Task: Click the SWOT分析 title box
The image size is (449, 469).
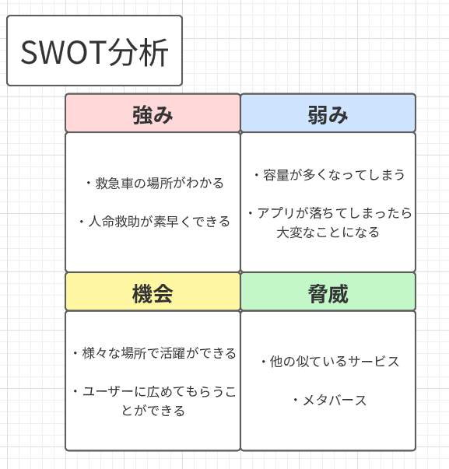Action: [94, 51]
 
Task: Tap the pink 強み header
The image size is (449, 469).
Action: [153, 114]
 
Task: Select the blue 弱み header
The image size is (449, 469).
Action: [328, 114]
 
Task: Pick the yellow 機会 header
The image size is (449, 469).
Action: [153, 292]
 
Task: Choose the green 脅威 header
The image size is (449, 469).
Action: [328, 292]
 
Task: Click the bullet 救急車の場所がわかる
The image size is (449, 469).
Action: [153, 184]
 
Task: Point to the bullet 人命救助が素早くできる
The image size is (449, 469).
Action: [153, 222]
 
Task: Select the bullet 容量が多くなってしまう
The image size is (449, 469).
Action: [328, 175]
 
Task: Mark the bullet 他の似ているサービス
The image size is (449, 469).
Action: [328, 362]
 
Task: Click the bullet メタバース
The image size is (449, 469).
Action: [328, 401]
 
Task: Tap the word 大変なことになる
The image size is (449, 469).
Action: [328, 232]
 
